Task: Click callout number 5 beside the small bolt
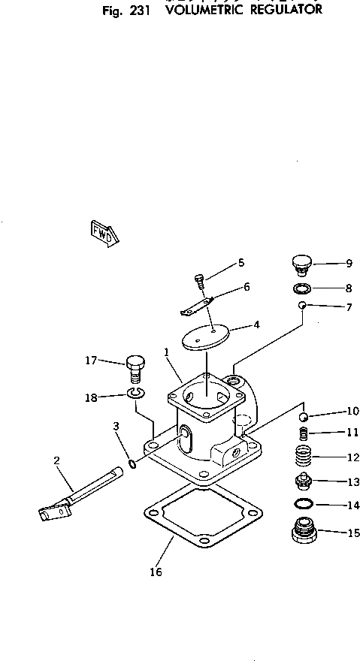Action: point(241,262)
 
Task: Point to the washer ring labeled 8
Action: point(300,288)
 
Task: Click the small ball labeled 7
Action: point(301,305)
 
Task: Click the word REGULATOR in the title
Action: point(281,11)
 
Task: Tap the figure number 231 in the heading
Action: point(139,11)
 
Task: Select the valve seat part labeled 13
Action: point(301,481)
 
